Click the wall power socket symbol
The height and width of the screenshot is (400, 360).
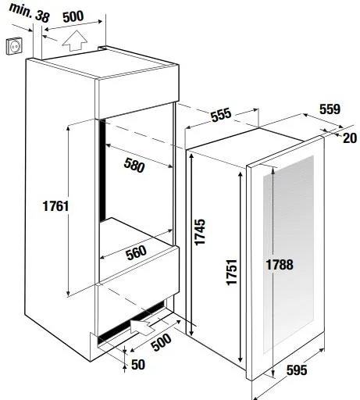14,46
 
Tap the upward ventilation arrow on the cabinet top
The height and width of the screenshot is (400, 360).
74,41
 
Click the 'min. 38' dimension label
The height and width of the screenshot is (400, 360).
29,12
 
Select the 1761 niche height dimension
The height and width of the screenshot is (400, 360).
55,206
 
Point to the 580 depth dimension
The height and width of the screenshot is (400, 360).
134,165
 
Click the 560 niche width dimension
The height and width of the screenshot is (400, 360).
136,253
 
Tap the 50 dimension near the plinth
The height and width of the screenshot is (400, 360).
137,365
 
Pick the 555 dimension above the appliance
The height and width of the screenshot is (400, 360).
221,115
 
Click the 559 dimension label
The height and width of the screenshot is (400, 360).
330,109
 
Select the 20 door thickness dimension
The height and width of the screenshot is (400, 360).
350,138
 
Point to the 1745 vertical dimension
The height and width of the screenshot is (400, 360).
200,232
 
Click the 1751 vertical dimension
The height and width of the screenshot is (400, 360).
231,272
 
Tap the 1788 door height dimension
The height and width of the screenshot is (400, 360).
280,265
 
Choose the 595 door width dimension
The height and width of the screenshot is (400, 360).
297,370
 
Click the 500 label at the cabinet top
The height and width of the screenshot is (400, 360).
73,16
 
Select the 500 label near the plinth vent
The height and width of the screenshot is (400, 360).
162,342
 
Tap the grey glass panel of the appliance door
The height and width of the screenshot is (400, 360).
288,254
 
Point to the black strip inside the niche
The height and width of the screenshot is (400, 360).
102,170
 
